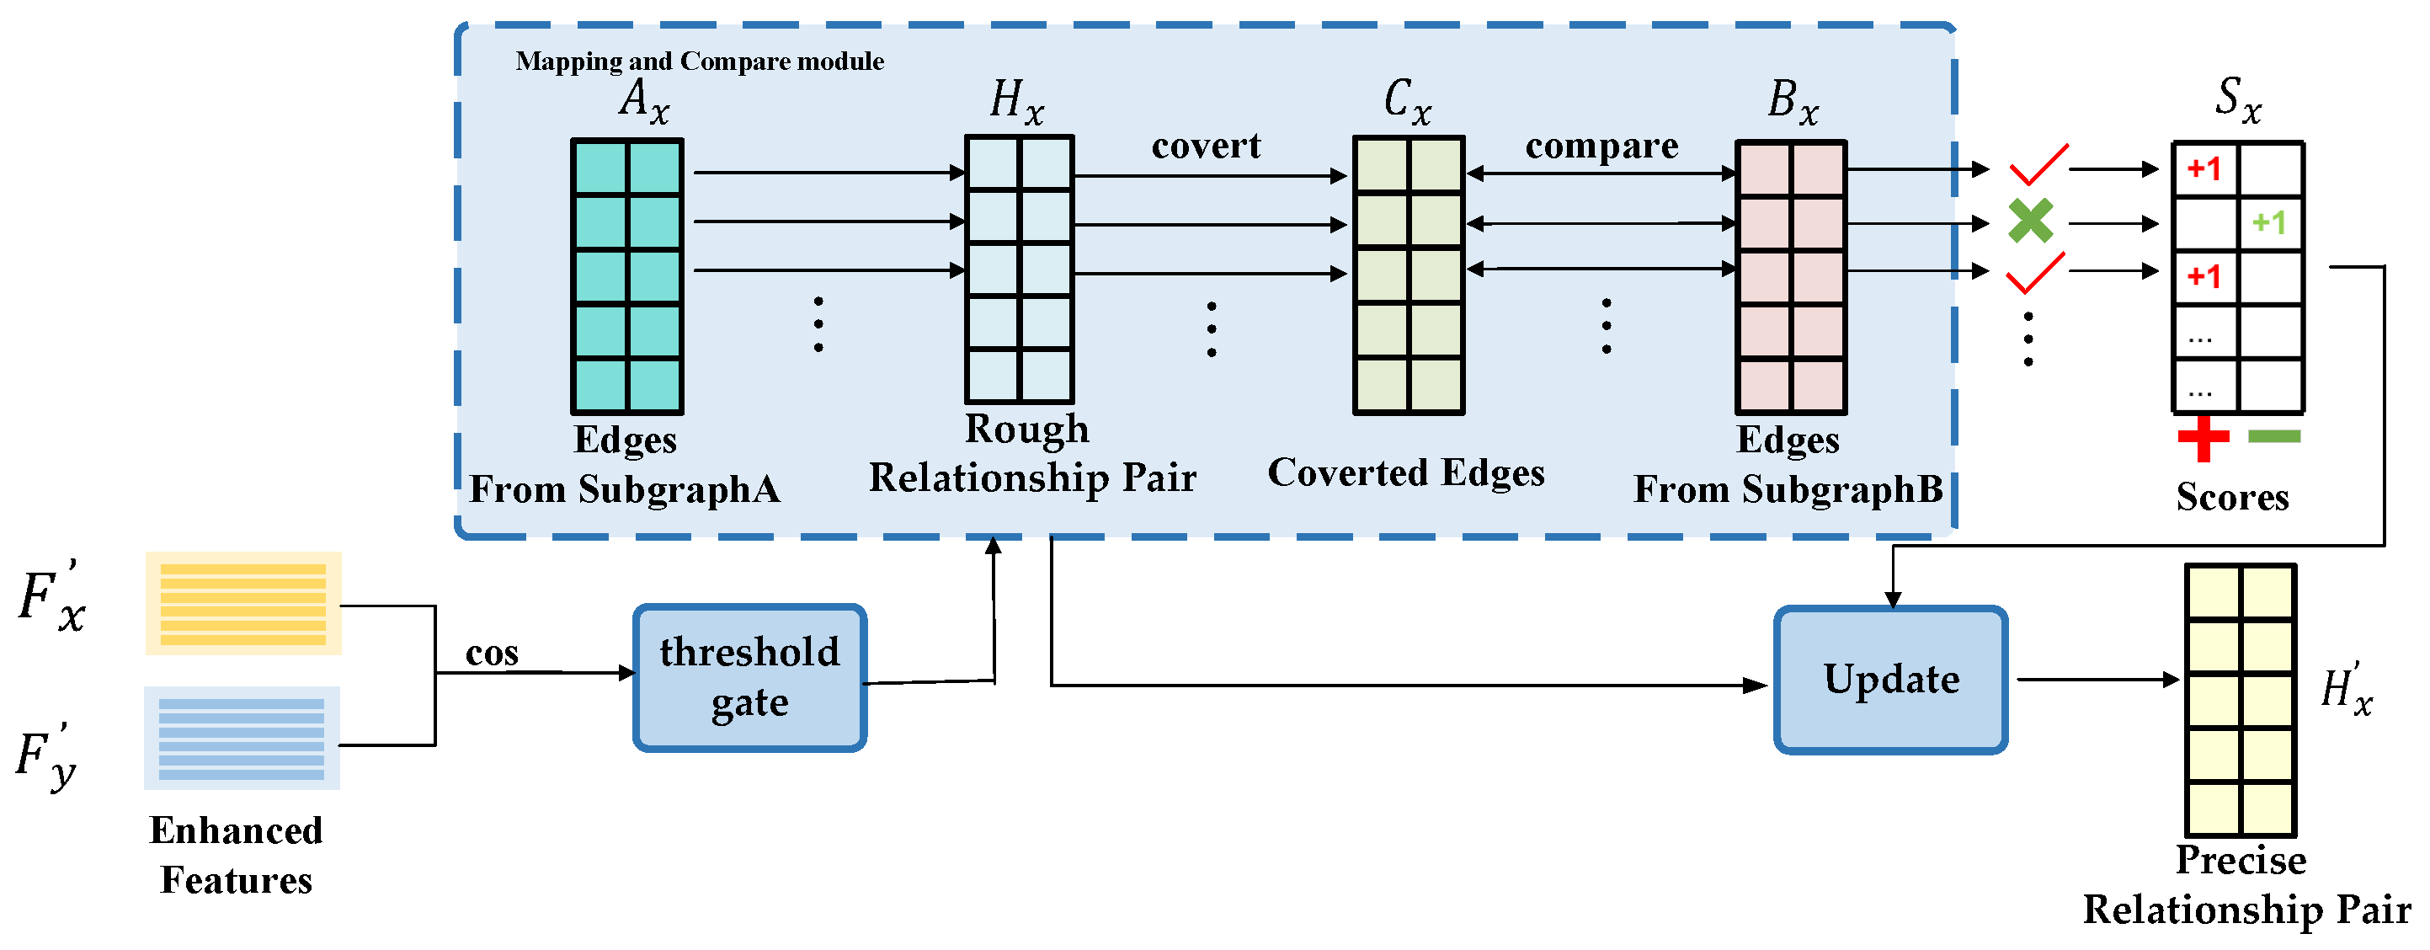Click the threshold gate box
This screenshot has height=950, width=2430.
coord(750,677)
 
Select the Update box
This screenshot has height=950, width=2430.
coord(1890,680)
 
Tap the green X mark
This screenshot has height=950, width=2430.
coord(2030,221)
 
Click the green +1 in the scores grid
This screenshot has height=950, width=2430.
coord(2267,222)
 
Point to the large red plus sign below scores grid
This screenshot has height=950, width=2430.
coord(2203,437)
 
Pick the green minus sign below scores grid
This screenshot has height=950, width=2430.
coord(2273,436)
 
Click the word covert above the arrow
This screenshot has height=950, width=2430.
coord(1206,146)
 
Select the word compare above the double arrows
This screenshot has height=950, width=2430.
coord(1601,146)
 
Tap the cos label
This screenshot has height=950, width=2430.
coord(492,653)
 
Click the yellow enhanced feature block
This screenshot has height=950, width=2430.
coord(243,604)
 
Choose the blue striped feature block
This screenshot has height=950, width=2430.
coord(242,738)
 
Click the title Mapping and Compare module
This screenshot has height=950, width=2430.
coord(699,61)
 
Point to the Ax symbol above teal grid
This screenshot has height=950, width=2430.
coord(643,100)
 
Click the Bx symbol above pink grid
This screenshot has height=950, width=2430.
coord(1793,100)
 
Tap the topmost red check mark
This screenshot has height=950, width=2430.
coord(2038,165)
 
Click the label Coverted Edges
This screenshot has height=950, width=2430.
coord(1405,472)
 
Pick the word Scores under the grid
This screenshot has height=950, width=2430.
coord(2232,496)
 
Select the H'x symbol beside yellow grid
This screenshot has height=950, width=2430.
coord(2346,689)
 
